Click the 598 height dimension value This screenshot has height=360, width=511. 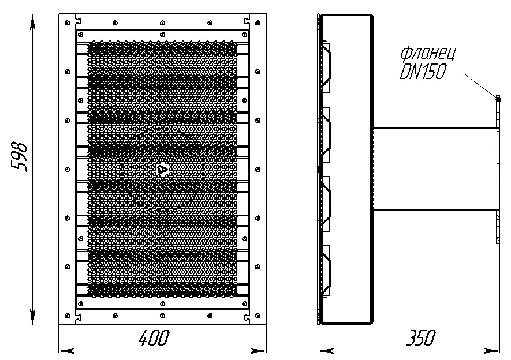(x=19, y=156)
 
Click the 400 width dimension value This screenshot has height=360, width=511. (x=154, y=338)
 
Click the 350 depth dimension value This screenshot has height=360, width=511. (x=420, y=338)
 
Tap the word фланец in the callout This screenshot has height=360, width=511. (x=428, y=54)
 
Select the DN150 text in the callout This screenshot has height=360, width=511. (x=422, y=72)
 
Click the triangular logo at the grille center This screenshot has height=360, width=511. (x=162, y=170)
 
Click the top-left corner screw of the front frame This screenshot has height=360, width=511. (x=68, y=22)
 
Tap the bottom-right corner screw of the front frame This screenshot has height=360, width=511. (x=258, y=316)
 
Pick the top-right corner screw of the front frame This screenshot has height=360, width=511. (x=258, y=22)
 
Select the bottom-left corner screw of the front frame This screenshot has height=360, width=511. (x=68, y=316)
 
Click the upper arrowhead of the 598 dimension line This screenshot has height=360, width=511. (x=32, y=22)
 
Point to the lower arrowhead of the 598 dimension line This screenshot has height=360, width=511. (x=32, y=316)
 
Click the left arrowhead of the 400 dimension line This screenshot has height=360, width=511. (x=66, y=351)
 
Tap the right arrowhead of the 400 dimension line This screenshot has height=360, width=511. (x=259, y=351)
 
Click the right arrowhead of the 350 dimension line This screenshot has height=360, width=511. (x=492, y=351)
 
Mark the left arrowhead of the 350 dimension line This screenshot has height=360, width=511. (x=326, y=351)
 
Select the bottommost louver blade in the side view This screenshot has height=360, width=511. (x=326, y=270)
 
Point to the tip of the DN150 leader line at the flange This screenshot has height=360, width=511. (x=498, y=97)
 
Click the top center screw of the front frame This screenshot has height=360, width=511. (x=163, y=22)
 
